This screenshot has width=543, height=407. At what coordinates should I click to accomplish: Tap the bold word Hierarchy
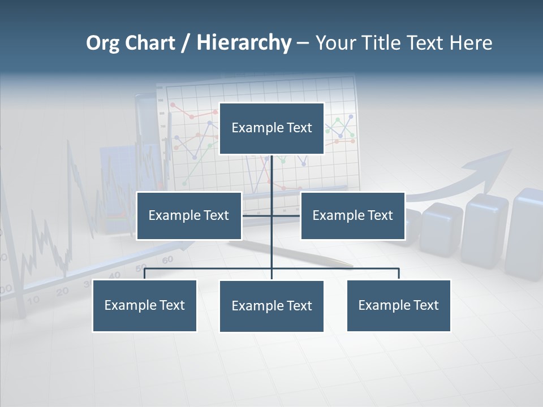click(x=244, y=43)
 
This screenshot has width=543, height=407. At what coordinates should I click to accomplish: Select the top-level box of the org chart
click(x=271, y=128)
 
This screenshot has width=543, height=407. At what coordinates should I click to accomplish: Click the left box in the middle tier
click(x=189, y=215)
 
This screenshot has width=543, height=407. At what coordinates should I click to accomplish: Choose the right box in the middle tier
click(x=352, y=215)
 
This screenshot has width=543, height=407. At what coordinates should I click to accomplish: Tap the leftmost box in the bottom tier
click(x=145, y=305)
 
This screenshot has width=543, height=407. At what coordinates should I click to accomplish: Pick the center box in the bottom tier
click(x=271, y=306)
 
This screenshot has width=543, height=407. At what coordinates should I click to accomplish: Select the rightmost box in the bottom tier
click(x=399, y=305)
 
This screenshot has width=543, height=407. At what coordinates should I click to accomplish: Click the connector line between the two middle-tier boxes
click(x=257, y=215)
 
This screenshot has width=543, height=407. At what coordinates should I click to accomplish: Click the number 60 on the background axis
click(x=167, y=260)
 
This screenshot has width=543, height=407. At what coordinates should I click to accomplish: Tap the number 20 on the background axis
click(x=62, y=291)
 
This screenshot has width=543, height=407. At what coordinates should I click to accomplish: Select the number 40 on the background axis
click(x=115, y=275)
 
